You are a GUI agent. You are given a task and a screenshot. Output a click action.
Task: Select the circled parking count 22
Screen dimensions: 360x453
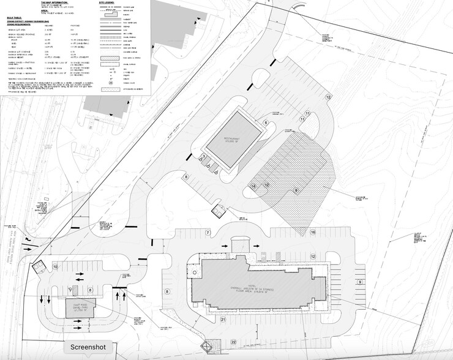point(233,342)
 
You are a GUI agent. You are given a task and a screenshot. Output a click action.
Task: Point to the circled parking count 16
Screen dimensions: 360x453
point(312,233)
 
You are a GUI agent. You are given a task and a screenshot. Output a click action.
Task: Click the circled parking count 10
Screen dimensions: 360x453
point(54,267)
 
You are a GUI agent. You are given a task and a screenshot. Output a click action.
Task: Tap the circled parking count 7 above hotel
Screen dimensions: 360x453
point(208,233)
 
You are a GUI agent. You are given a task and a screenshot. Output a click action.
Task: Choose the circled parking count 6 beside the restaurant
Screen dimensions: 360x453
point(266,123)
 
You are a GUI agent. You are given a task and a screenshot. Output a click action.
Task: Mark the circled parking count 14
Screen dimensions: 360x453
point(253,186)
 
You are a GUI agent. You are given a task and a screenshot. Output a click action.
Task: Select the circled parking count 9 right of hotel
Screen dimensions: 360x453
point(361,282)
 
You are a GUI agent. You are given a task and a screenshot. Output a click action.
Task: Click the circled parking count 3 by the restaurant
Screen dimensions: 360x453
point(204,157)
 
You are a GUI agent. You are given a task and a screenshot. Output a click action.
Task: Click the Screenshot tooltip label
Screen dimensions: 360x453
point(88,346)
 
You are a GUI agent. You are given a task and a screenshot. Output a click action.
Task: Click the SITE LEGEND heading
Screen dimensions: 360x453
point(107,2)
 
